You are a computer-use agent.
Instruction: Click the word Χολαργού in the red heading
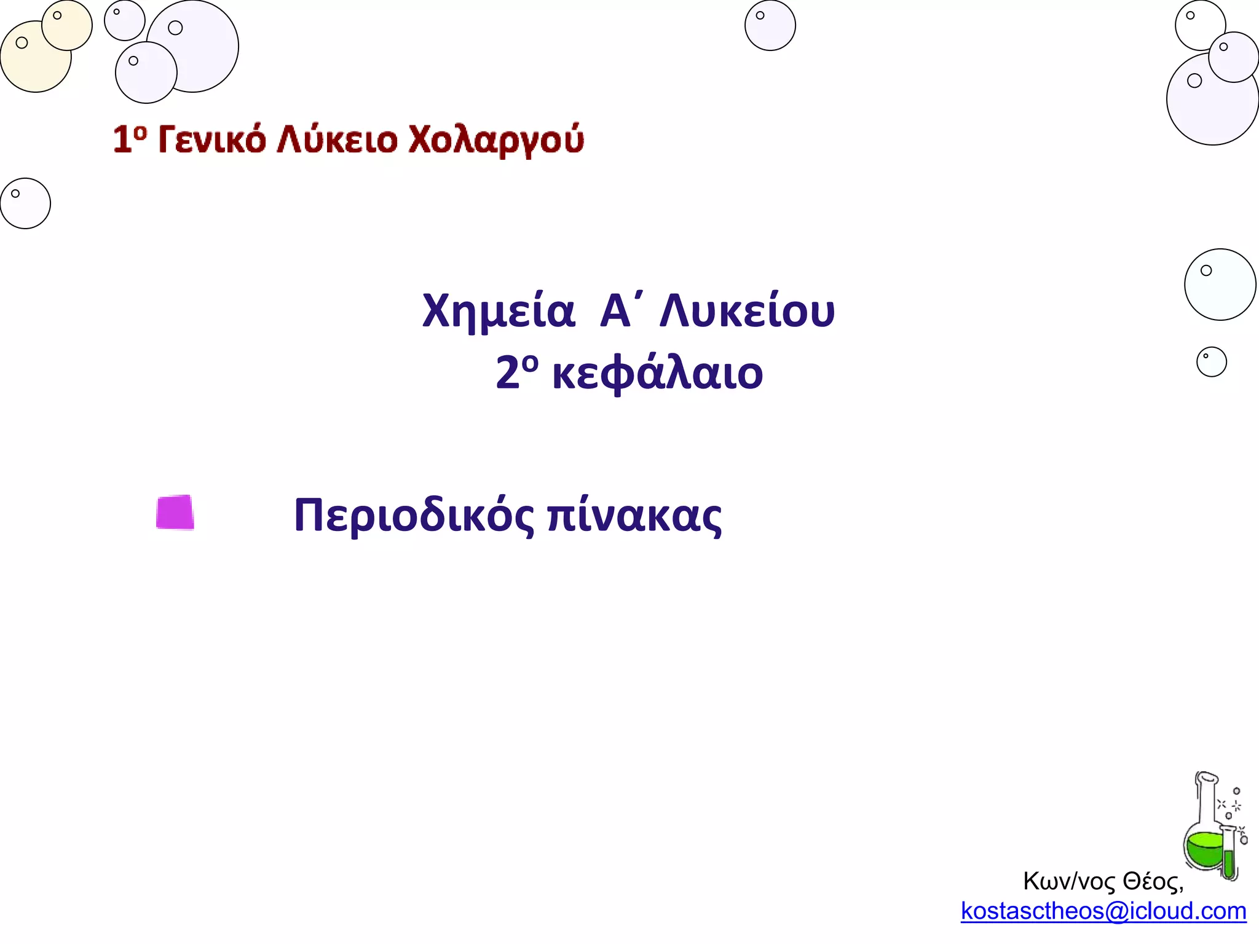(x=495, y=140)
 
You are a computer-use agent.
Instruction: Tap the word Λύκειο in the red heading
(x=337, y=140)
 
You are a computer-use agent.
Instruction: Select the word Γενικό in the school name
(x=212, y=140)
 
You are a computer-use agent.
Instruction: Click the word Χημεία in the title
(x=498, y=311)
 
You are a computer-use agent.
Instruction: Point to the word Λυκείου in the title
(x=747, y=311)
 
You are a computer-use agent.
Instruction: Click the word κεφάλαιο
(x=657, y=374)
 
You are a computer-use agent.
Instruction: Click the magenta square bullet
(x=175, y=512)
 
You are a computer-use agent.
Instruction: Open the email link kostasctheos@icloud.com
(x=1103, y=911)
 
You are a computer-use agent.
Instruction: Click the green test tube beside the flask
(x=1229, y=857)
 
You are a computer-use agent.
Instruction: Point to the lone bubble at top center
(x=770, y=25)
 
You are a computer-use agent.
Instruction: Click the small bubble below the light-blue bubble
(x=1211, y=362)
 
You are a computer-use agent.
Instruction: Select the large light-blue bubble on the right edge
(x=1220, y=285)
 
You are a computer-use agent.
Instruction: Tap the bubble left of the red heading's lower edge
(x=25, y=203)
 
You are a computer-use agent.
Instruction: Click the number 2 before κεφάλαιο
(x=508, y=374)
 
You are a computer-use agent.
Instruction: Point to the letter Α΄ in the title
(x=617, y=311)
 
